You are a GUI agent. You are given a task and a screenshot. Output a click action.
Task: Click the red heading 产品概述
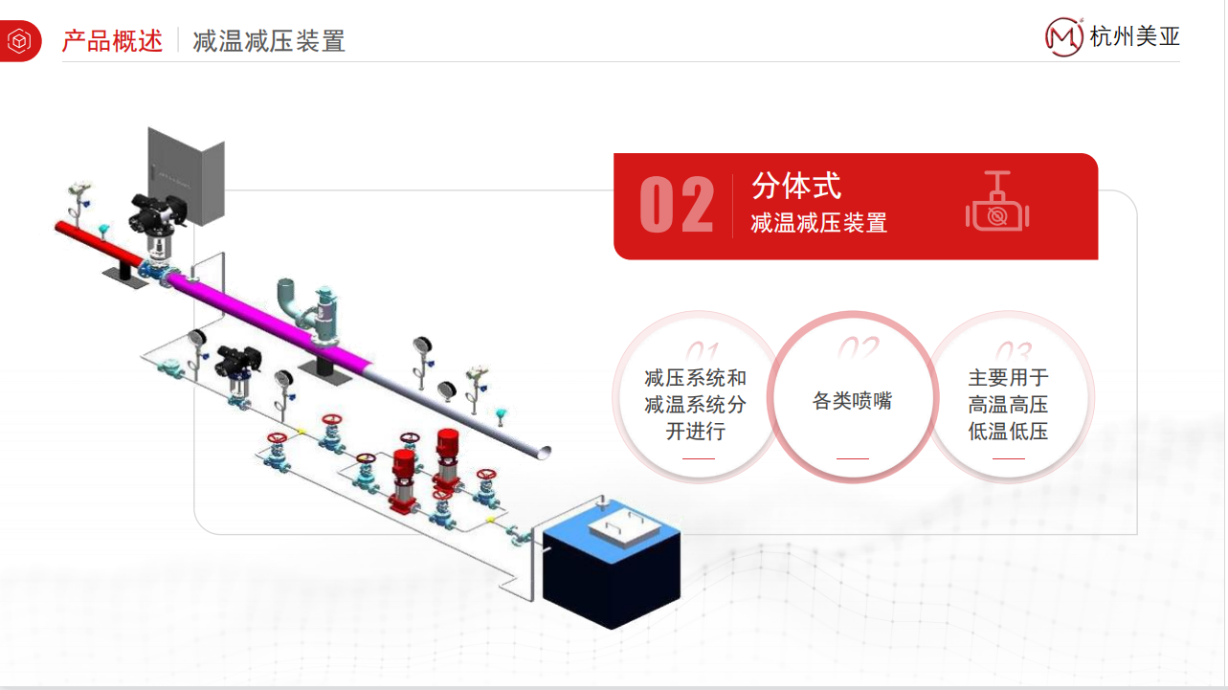pyautogui.click(x=113, y=41)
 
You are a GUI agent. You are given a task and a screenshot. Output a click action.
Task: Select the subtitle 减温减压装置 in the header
pyautogui.click(x=269, y=41)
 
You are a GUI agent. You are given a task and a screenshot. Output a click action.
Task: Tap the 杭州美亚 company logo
pyautogui.click(x=1113, y=37)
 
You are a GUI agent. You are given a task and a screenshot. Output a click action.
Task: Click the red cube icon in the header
pyautogui.click(x=19, y=41)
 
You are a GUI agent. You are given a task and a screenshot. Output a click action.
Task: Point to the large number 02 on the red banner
pyautogui.click(x=676, y=206)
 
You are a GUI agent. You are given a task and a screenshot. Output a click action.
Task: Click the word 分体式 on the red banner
pyautogui.click(x=795, y=186)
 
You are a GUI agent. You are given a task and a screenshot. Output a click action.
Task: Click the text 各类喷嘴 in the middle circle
pyautogui.click(x=852, y=401)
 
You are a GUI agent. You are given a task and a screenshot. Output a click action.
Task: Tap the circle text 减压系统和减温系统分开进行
pyautogui.click(x=696, y=405)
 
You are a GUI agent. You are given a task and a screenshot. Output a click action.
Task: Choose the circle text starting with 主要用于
pyautogui.click(x=1008, y=405)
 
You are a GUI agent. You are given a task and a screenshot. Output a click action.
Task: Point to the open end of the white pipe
pyautogui.click(x=543, y=451)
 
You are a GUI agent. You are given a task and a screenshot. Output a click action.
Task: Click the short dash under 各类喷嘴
pyautogui.click(x=852, y=458)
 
